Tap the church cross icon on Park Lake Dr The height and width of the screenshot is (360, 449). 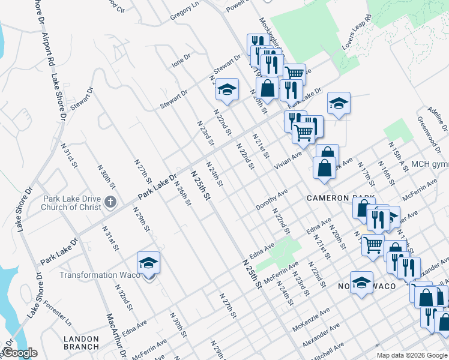pyautogui.click(x=110, y=202)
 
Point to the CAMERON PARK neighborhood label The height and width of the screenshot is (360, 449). pyautogui.click(x=340, y=199)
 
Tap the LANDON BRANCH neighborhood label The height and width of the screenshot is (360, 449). pyautogui.click(x=81, y=343)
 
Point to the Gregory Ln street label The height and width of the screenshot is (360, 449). pyautogui.click(x=184, y=8)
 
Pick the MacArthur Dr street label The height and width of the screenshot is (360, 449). pyautogui.click(x=117, y=336)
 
